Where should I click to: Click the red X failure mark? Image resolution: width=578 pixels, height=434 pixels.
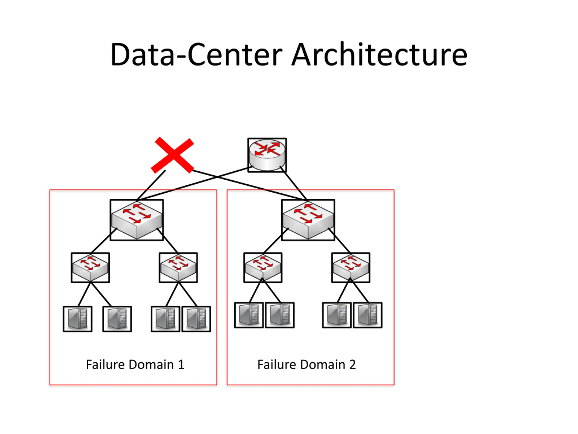tap(172, 155)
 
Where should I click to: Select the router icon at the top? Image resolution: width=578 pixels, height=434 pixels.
tap(267, 155)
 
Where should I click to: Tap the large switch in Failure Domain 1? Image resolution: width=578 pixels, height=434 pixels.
tap(137, 220)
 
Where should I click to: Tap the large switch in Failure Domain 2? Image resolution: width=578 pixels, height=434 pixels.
tap(308, 220)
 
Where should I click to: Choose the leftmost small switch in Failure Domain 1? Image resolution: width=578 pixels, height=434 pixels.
tap(90, 267)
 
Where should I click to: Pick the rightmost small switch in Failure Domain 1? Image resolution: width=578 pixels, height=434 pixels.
tap(178, 267)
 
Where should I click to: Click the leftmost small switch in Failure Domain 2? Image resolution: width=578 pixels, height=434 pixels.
tap(263, 267)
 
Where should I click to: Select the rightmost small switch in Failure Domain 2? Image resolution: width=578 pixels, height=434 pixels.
tap(351, 267)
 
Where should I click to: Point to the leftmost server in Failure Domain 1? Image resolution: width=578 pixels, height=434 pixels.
tap(78, 319)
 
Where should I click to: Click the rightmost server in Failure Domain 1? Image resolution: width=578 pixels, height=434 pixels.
tap(196, 319)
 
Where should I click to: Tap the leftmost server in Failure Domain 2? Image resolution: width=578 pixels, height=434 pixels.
tap(249, 315)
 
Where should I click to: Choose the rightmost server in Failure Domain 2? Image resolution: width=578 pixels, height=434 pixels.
tap(368, 315)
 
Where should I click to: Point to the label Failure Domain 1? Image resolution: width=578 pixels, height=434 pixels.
tap(135, 364)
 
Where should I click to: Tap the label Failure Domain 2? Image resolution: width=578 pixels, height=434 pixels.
tap(307, 364)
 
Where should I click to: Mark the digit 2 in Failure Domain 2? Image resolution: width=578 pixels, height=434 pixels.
tap(352, 365)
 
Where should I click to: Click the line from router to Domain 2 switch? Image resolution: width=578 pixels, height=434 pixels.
tap(294, 184)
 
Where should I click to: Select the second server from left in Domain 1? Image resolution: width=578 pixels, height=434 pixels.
tap(117, 319)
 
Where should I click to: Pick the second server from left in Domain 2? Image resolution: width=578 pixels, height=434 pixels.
tap(280, 315)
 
